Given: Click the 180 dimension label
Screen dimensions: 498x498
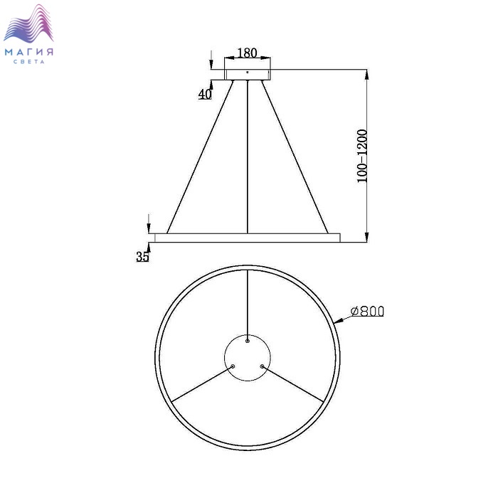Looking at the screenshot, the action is [x=247, y=53].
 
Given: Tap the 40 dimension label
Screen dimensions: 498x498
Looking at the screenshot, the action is [x=205, y=94].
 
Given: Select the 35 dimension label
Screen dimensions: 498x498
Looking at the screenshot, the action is [x=142, y=256].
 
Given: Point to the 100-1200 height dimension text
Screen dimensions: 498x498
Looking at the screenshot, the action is [x=362, y=156].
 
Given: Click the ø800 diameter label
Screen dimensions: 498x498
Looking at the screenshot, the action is [x=368, y=312].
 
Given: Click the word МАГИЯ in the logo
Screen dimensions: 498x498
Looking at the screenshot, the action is [x=29, y=52].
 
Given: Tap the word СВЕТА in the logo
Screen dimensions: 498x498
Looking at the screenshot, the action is [x=29, y=62].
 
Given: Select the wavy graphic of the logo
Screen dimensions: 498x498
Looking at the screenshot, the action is [x=28, y=23].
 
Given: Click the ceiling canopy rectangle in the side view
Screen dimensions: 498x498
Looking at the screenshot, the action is [x=248, y=74].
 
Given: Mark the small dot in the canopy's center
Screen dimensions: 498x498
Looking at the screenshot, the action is [x=248, y=72].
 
